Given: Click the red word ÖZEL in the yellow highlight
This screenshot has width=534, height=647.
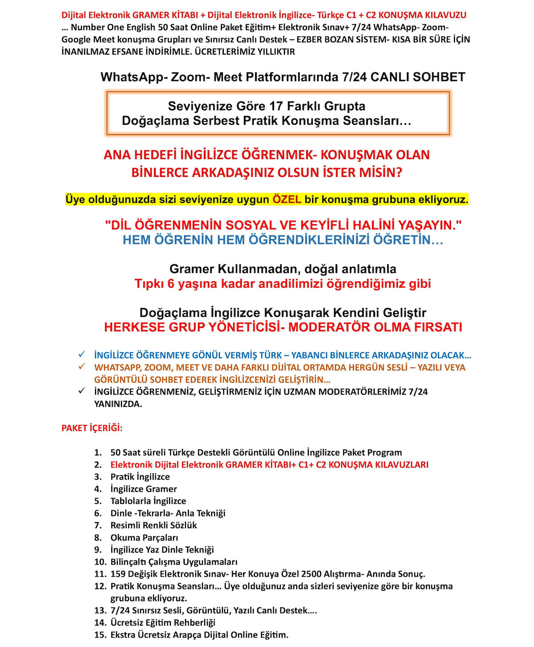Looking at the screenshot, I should tap(287, 200).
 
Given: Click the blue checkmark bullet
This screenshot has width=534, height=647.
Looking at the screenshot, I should tap(81, 355).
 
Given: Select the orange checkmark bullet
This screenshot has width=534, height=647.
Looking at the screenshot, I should tap(81, 367).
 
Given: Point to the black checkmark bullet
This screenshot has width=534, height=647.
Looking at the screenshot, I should tap(81, 391).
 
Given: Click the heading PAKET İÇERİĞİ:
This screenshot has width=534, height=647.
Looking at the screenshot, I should tap(92, 428).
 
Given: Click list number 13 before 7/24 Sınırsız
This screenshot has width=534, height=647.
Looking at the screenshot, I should tap(100, 611).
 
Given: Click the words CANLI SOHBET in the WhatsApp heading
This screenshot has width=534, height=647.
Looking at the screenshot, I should tap(418, 77).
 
